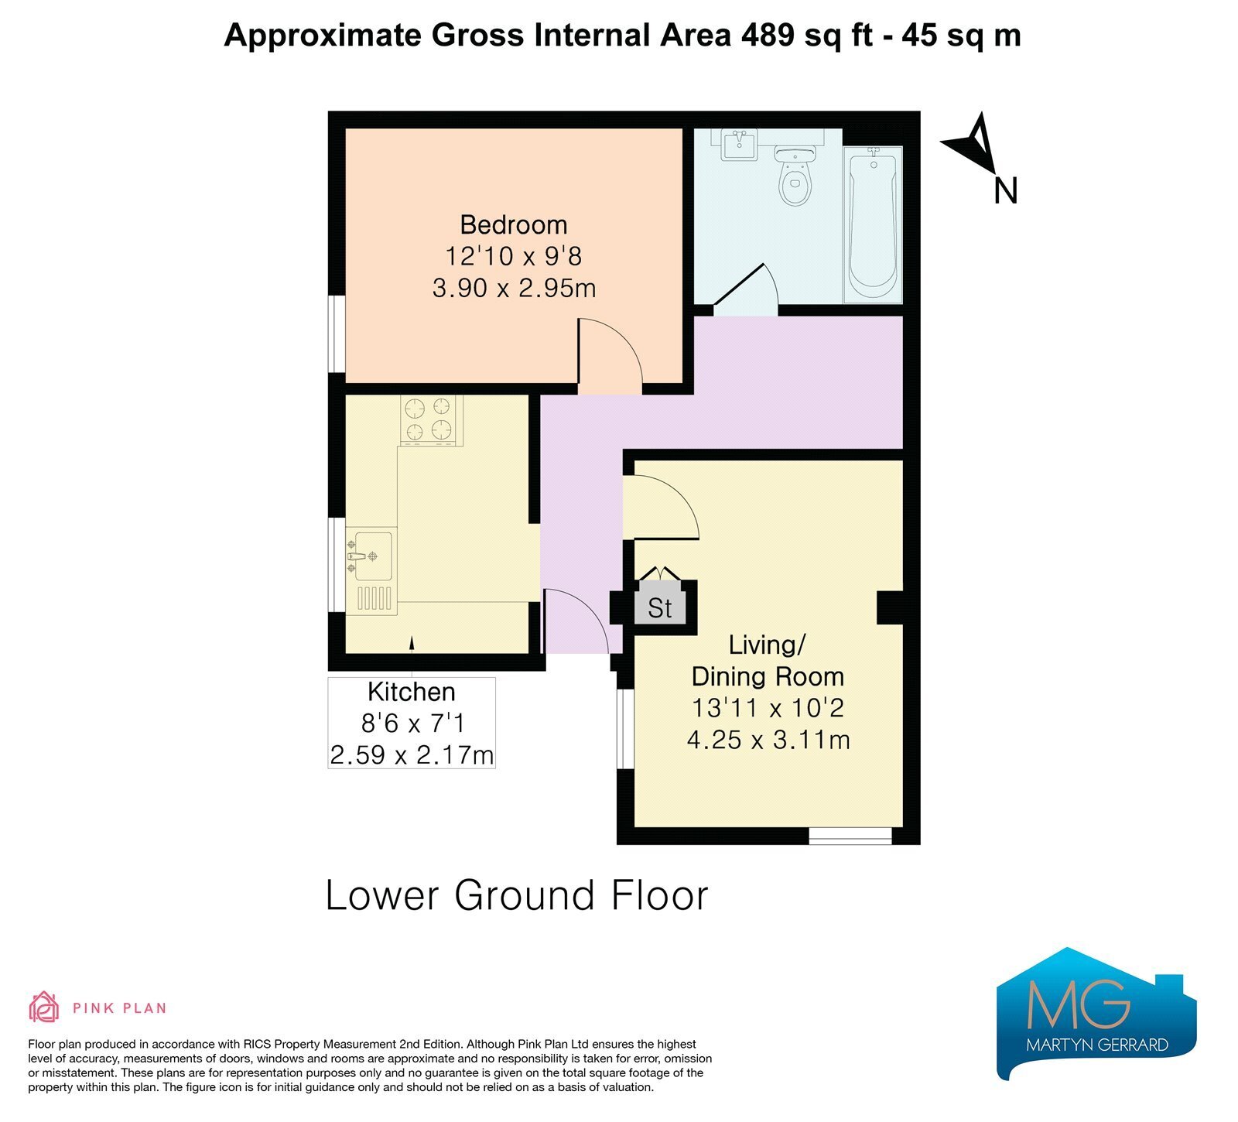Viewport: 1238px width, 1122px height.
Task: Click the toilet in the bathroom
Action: pos(794,176)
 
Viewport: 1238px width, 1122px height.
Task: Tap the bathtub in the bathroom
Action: pos(874,224)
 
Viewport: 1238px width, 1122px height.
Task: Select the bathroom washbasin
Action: pos(740,145)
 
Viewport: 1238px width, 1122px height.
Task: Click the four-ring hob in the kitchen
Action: pos(428,419)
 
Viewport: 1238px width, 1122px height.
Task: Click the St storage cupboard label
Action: pos(660,608)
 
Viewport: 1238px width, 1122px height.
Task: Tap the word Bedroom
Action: pos(514,225)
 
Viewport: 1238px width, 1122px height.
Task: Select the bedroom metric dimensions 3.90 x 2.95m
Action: pos(514,289)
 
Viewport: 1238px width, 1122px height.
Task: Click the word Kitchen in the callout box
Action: pos(412,692)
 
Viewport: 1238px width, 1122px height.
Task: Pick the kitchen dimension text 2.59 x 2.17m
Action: pos(412,754)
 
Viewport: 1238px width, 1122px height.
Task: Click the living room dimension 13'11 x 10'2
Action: pos(768,707)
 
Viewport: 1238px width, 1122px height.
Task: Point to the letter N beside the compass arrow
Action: pos(1005,191)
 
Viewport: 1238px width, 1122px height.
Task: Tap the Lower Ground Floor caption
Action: pos(517,895)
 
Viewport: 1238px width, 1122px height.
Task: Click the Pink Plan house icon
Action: pos(44,1007)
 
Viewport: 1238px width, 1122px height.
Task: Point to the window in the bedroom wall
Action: pos(337,334)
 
